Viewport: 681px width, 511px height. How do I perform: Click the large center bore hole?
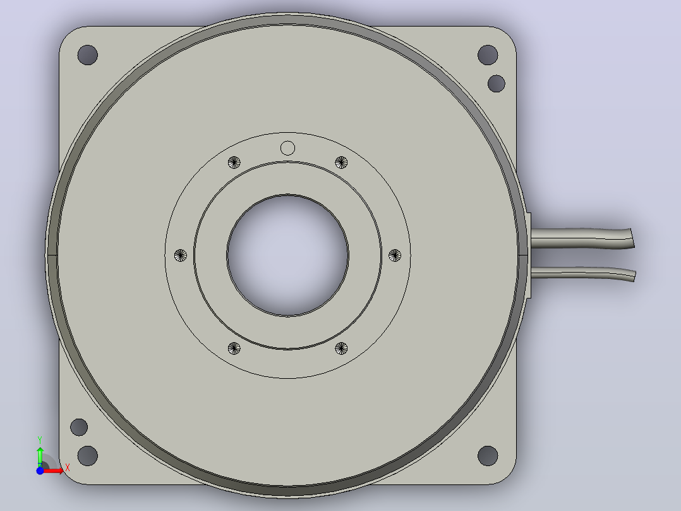pyautogui.click(x=287, y=255)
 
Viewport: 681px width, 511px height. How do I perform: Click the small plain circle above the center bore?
pyautogui.click(x=287, y=148)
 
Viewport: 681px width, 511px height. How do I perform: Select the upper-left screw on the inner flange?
pyautogui.click(x=234, y=163)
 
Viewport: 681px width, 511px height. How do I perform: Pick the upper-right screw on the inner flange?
pyautogui.click(x=341, y=163)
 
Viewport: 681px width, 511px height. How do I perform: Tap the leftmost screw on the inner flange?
pyautogui.click(x=180, y=255)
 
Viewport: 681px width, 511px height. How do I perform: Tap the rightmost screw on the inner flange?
pyautogui.click(x=395, y=255)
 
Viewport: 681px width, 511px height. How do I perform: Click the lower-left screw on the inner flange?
pyautogui.click(x=234, y=348)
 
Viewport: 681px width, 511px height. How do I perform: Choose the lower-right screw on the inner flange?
pyautogui.click(x=341, y=348)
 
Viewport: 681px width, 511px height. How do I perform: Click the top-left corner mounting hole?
pyautogui.click(x=87, y=55)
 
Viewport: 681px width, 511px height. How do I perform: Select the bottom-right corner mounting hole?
pyautogui.click(x=488, y=456)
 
